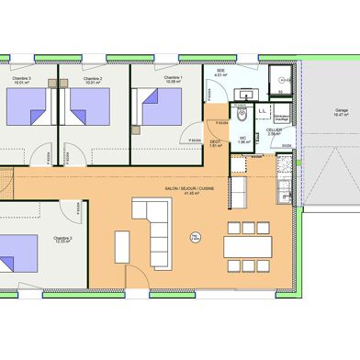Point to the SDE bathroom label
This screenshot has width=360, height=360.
coord(220,72)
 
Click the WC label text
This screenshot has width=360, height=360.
coord(242,140)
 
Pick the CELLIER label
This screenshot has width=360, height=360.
coord(274,130)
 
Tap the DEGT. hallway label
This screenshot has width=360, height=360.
coord(215,141)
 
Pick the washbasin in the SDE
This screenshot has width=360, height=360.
coord(244,94)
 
